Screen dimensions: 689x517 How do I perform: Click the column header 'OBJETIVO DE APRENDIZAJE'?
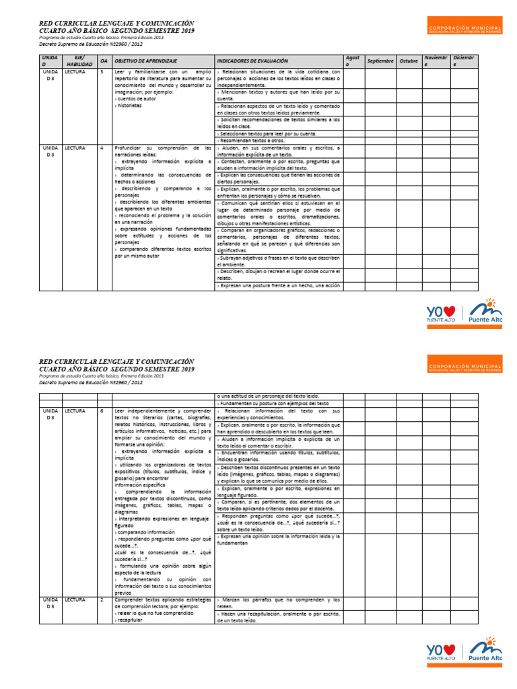click(146, 61)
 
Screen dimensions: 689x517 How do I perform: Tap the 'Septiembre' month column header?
click(380, 61)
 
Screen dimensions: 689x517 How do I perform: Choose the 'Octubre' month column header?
click(408, 61)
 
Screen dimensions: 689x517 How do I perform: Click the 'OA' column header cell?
click(104, 61)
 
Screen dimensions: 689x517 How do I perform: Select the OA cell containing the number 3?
click(102, 71)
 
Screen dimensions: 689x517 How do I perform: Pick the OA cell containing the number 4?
click(102, 147)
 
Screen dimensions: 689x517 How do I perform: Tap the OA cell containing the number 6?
click(102, 410)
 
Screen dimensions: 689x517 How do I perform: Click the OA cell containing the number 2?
click(102, 599)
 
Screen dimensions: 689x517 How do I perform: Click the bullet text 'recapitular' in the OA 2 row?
click(133, 620)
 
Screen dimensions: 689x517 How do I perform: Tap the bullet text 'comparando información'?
click(146, 532)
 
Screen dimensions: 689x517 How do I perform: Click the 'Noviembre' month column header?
click(431, 61)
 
